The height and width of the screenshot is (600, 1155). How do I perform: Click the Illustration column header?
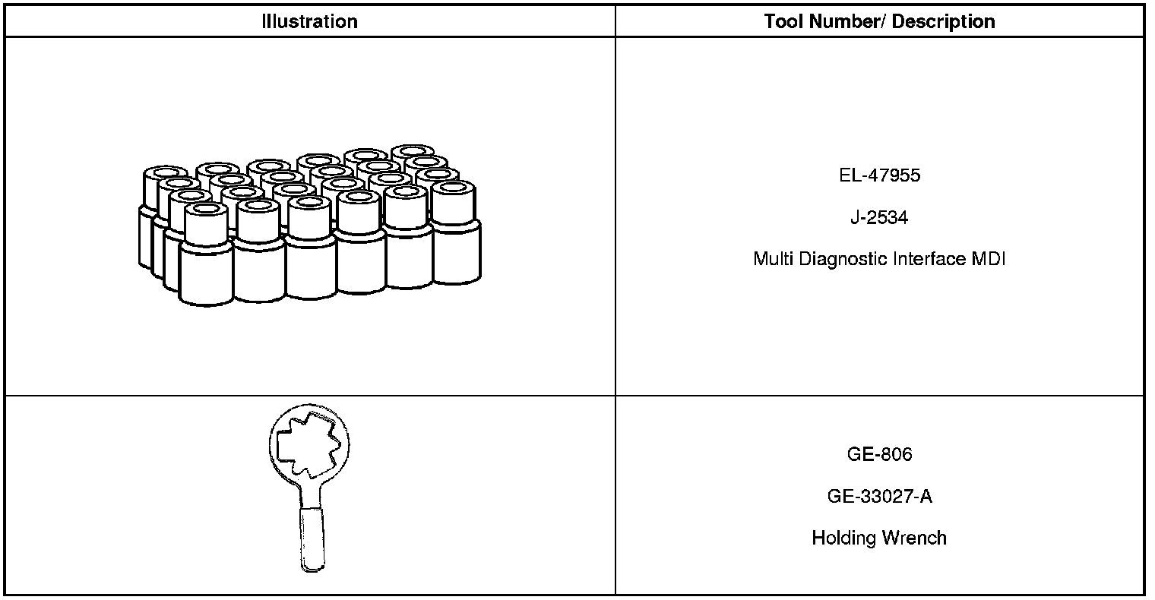(x=309, y=21)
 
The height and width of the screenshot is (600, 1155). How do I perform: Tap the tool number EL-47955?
(x=879, y=175)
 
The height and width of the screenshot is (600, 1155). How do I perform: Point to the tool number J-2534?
(x=879, y=218)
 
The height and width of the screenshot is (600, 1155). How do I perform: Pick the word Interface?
(x=929, y=259)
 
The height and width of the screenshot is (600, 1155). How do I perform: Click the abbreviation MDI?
(x=989, y=259)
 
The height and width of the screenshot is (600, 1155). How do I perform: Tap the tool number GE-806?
(x=879, y=454)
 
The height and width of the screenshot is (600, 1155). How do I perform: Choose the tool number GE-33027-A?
(x=879, y=497)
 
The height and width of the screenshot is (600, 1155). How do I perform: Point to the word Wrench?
(x=913, y=538)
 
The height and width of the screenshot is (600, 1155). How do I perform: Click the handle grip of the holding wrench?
(x=311, y=539)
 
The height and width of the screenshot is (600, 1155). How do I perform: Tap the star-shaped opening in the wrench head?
(x=307, y=444)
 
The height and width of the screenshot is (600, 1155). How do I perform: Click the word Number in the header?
(x=844, y=21)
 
